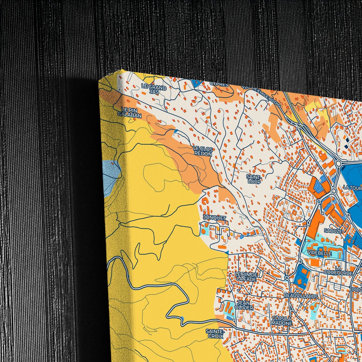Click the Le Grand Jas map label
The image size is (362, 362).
pos(154,89)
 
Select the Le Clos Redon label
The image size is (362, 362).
pos(203,151)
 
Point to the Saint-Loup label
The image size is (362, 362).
pos(254,179)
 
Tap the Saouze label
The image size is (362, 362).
pos(333,231)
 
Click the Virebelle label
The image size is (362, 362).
pos(319,253)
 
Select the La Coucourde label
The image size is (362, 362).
pos(338,271)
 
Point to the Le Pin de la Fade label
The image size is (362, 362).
pos(246,277)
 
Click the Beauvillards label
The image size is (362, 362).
pos(301,296)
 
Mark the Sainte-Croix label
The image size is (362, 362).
pos(215,333)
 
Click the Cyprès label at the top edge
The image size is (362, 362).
pos(219,84)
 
